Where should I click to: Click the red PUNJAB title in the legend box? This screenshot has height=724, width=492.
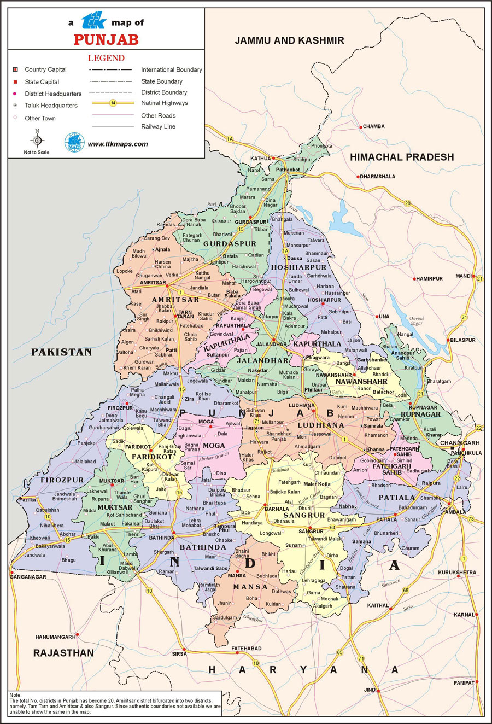pyautogui.click(x=106, y=39)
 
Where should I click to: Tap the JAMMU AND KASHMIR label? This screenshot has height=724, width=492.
pyautogui.click(x=289, y=40)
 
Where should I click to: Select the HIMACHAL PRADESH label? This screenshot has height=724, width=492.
pyautogui.click(x=402, y=157)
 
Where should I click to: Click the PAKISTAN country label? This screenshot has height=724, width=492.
pyautogui.click(x=61, y=352)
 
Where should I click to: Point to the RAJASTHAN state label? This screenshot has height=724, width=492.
pyautogui.click(x=63, y=653)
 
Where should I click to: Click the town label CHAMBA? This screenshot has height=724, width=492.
pyautogui.click(x=374, y=126)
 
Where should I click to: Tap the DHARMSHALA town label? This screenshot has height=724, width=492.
pyautogui.click(x=377, y=177)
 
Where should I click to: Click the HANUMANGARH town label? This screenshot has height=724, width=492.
pyautogui.click(x=55, y=637)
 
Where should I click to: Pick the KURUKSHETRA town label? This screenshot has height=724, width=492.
pyautogui.click(x=457, y=573)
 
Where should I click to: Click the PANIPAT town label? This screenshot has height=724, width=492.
pyautogui.click(x=464, y=683)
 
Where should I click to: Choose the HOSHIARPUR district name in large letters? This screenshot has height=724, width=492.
pyautogui.click(x=298, y=268)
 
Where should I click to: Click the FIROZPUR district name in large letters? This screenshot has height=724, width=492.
pyautogui.click(x=62, y=480)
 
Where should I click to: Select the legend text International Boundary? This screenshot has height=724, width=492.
pyautogui.click(x=171, y=70)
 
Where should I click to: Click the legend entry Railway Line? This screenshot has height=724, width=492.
pyautogui.click(x=158, y=127)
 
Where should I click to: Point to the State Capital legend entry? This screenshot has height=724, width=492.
pyautogui.click(x=42, y=82)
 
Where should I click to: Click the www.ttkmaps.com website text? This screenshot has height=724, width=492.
pyautogui.click(x=118, y=144)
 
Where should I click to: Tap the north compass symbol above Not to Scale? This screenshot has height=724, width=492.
pyautogui.click(x=37, y=139)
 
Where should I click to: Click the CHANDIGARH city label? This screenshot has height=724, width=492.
pyautogui.click(x=460, y=443)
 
